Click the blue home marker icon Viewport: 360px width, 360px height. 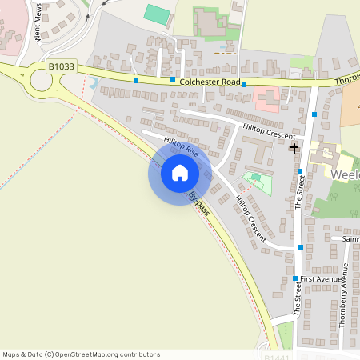tap(179, 173)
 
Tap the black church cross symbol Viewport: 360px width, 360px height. tap(294, 148)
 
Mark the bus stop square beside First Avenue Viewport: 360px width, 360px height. tap(295, 278)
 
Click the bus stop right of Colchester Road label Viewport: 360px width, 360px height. tap(244, 84)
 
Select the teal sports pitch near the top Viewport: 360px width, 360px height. tap(157, 14)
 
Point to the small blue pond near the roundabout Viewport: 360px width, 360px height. tap(93, 82)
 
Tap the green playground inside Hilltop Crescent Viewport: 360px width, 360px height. tap(256, 181)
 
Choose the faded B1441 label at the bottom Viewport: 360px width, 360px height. tap(277, 357)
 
